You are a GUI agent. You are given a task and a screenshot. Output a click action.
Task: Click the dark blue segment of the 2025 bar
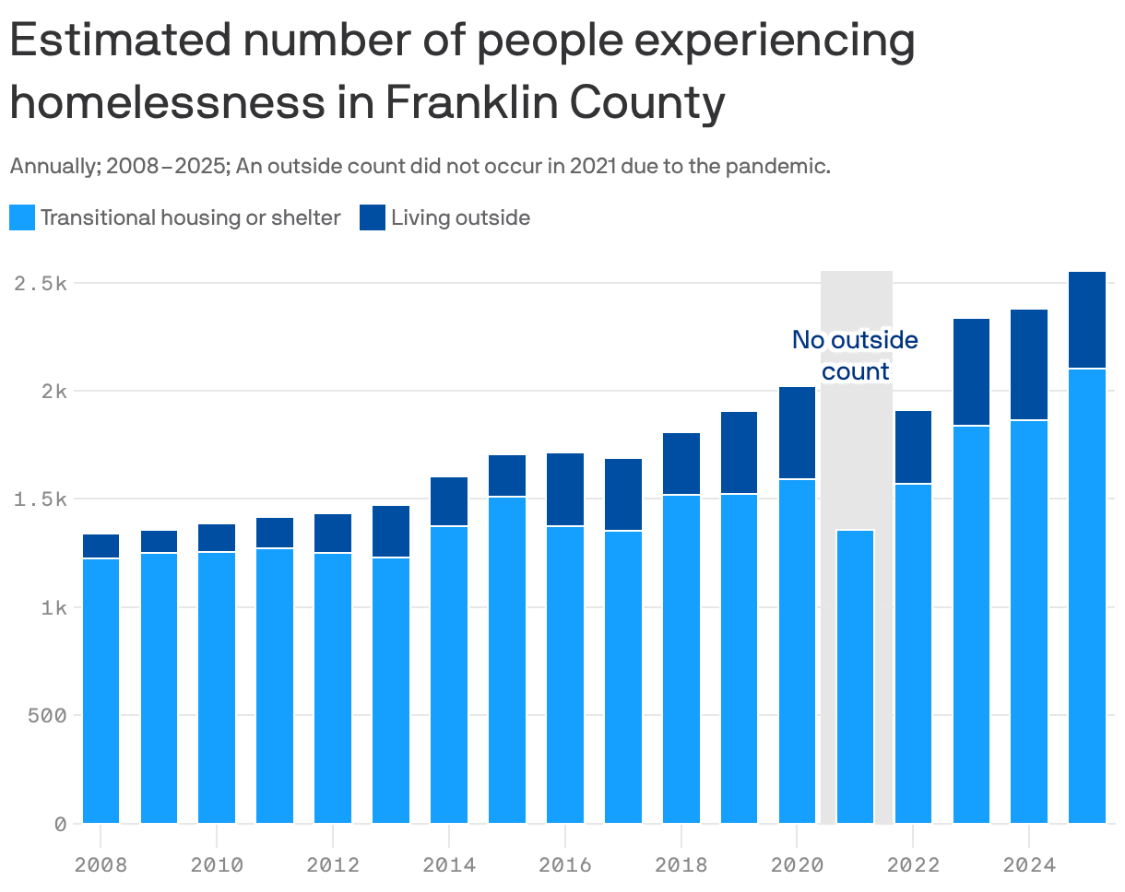point(1086,320)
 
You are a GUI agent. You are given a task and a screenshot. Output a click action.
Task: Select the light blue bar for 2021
point(855,676)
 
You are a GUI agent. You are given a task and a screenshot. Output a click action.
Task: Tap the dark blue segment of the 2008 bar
point(101,546)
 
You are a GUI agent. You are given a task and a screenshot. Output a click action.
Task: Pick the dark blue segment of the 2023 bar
point(971,372)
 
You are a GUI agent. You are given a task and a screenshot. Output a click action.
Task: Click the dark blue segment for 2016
point(565,489)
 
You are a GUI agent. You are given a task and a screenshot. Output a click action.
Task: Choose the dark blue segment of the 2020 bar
point(797,432)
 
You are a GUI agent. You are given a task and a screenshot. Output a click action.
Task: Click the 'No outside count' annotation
point(855,356)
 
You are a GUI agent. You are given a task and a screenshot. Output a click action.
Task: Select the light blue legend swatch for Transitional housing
point(21,218)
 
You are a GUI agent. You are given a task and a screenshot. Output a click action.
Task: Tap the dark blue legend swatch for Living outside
point(372,218)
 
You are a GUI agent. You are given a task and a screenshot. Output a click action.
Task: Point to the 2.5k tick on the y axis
point(41,283)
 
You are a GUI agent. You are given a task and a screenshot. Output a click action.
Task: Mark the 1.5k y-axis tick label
point(41,499)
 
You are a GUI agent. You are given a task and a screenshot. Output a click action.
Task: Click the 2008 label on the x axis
point(101,865)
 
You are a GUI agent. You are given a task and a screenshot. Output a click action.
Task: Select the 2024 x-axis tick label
point(1029,865)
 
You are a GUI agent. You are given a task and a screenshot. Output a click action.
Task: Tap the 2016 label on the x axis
point(565,865)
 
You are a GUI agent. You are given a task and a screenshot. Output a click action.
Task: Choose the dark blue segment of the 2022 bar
point(913,447)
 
